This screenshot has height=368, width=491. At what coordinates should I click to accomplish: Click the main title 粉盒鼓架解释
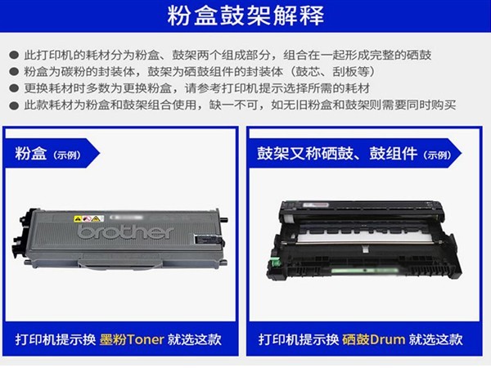(245, 16)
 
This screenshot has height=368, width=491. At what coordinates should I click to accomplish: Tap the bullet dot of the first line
(14, 56)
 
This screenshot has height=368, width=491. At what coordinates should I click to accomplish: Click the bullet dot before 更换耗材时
(14, 88)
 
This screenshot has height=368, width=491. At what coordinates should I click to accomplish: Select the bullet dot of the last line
(14, 105)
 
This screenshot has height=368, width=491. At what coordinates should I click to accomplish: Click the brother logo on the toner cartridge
(125, 232)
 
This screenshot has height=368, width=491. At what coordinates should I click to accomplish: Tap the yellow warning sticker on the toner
(89, 218)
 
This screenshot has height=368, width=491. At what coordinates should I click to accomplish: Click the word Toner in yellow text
(146, 339)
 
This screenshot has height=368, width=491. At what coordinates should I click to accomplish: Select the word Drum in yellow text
(388, 339)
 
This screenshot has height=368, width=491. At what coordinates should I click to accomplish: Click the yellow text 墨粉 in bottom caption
(113, 339)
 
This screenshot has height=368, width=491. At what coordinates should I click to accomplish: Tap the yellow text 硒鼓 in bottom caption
(356, 339)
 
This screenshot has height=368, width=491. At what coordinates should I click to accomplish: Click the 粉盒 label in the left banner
(31, 154)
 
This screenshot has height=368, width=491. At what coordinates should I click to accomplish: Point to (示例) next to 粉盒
(67, 155)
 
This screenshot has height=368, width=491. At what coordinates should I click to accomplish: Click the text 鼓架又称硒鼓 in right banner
(305, 154)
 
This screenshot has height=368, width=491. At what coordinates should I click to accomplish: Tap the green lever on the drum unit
(275, 263)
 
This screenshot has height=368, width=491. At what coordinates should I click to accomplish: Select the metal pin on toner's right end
(224, 219)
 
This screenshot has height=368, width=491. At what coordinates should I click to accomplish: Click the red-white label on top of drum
(316, 205)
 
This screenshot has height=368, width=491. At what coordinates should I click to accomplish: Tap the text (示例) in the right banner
(438, 155)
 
